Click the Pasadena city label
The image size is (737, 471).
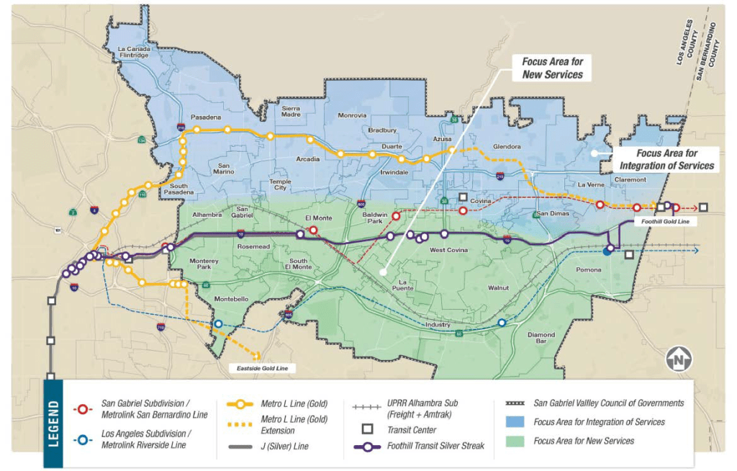(x=206, y=117)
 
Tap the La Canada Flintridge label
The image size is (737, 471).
(x=133, y=52)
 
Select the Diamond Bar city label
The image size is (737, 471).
(x=541, y=338)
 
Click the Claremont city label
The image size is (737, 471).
(x=632, y=180)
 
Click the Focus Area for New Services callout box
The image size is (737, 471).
(x=552, y=68)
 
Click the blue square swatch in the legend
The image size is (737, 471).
(x=514, y=422)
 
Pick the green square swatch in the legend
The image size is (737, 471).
(x=514, y=440)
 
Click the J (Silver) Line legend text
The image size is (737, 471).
(x=284, y=447)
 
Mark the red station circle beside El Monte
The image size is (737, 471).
(x=313, y=230)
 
